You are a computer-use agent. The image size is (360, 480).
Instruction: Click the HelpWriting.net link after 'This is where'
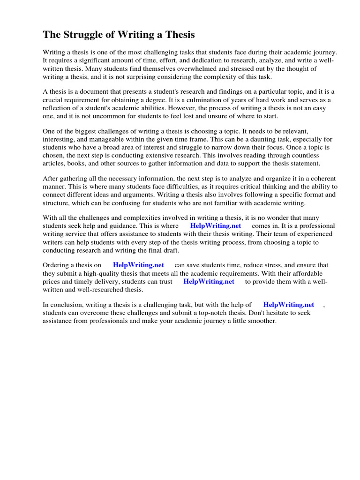[x=216, y=225]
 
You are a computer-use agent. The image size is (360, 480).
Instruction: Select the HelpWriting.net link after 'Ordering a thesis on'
[x=138, y=265]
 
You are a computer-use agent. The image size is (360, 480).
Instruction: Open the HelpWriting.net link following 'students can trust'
[x=209, y=281]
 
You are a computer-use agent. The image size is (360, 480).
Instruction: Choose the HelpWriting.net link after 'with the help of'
[x=289, y=305]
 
